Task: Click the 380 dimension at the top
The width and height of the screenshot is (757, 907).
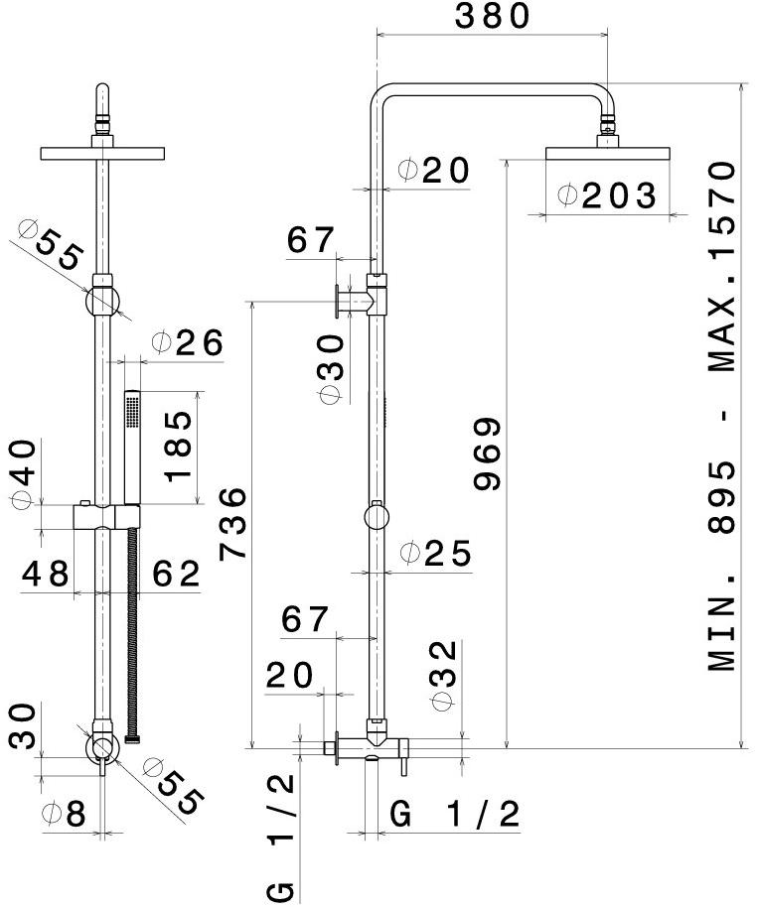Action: [x=492, y=16]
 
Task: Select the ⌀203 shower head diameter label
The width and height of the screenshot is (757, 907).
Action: [x=607, y=196]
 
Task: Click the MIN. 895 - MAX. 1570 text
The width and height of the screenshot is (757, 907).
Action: [x=722, y=417]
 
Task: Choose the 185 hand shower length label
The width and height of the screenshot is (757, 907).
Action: [x=179, y=446]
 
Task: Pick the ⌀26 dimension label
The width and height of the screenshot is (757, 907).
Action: [x=187, y=343]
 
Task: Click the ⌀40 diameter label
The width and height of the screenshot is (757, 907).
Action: [x=23, y=473]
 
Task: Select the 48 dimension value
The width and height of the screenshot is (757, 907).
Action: [x=46, y=574]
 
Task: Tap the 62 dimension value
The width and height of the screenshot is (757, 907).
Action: [x=176, y=575]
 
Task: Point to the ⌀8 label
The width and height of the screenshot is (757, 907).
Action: [x=64, y=814]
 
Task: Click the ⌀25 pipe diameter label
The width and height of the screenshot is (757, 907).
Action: [x=435, y=554]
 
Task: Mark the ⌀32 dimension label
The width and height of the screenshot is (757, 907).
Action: [x=444, y=675]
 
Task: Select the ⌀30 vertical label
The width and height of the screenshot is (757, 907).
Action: [x=332, y=369]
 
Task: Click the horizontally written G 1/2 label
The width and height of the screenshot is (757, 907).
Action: [x=454, y=815]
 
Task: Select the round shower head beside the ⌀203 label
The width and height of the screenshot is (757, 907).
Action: [x=608, y=153]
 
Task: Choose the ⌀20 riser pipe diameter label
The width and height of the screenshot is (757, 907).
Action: [x=434, y=170]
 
